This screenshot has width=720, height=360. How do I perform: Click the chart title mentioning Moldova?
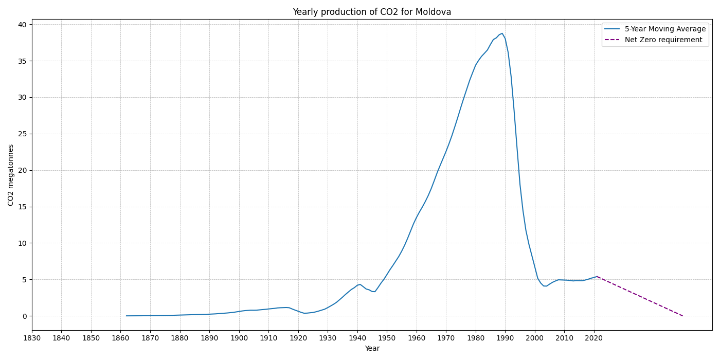pos(372,12)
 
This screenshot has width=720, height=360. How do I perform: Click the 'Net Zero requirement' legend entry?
pos(663,40)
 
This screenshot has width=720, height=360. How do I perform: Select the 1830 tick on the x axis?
pos(32,338)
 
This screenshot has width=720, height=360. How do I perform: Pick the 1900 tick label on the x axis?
pos(239,338)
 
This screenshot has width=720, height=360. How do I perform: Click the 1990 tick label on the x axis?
pos(505,338)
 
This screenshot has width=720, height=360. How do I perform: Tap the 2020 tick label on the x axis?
pos(593,338)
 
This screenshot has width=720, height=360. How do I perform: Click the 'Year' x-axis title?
pos(372,349)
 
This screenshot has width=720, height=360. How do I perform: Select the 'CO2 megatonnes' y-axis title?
pos(11,175)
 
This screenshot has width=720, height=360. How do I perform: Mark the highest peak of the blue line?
pos(502,33)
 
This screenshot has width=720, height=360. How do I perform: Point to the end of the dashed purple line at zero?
pos(682,316)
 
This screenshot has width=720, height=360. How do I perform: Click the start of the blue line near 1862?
pos(127,316)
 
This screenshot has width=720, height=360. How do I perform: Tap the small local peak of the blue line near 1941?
pos(360,284)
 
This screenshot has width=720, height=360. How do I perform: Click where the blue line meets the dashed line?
pos(597,277)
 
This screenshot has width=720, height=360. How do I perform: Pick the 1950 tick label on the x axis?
pos(387,338)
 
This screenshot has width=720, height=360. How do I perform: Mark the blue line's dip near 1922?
pos(304,313)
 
